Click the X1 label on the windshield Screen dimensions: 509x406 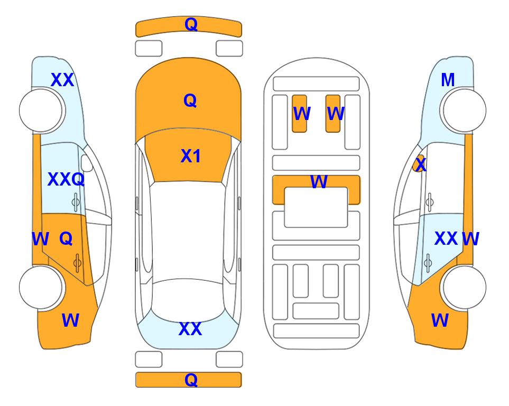[x=191, y=156]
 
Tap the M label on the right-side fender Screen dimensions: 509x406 [x=448, y=80]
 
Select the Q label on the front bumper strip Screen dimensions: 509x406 [x=191, y=24]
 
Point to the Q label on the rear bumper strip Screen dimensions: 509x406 [x=191, y=380]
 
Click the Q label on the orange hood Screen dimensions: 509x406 [x=190, y=100]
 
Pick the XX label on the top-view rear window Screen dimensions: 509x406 [x=190, y=329]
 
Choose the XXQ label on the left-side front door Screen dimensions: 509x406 [x=66, y=179]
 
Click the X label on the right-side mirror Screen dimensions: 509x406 [x=421, y=164]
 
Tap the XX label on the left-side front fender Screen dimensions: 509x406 [x=62, y=80]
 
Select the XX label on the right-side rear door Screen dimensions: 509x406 [x=446, y=239]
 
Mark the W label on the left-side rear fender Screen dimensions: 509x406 [x=70, y=320]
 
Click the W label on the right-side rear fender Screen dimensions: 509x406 [x=440, y=320]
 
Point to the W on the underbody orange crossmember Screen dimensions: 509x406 [x=319, y=181]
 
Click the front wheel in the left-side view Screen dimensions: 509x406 [x=41, y=111]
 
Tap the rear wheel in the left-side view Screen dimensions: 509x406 [x=41, y=287]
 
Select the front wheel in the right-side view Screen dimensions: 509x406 [x=465, y=111]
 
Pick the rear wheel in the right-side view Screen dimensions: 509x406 [x=465, y=287]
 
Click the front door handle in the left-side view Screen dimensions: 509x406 [x=76, y=202]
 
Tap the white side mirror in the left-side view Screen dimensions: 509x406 [x=87, y=163]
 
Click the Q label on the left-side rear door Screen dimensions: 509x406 [x=66, y=239]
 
